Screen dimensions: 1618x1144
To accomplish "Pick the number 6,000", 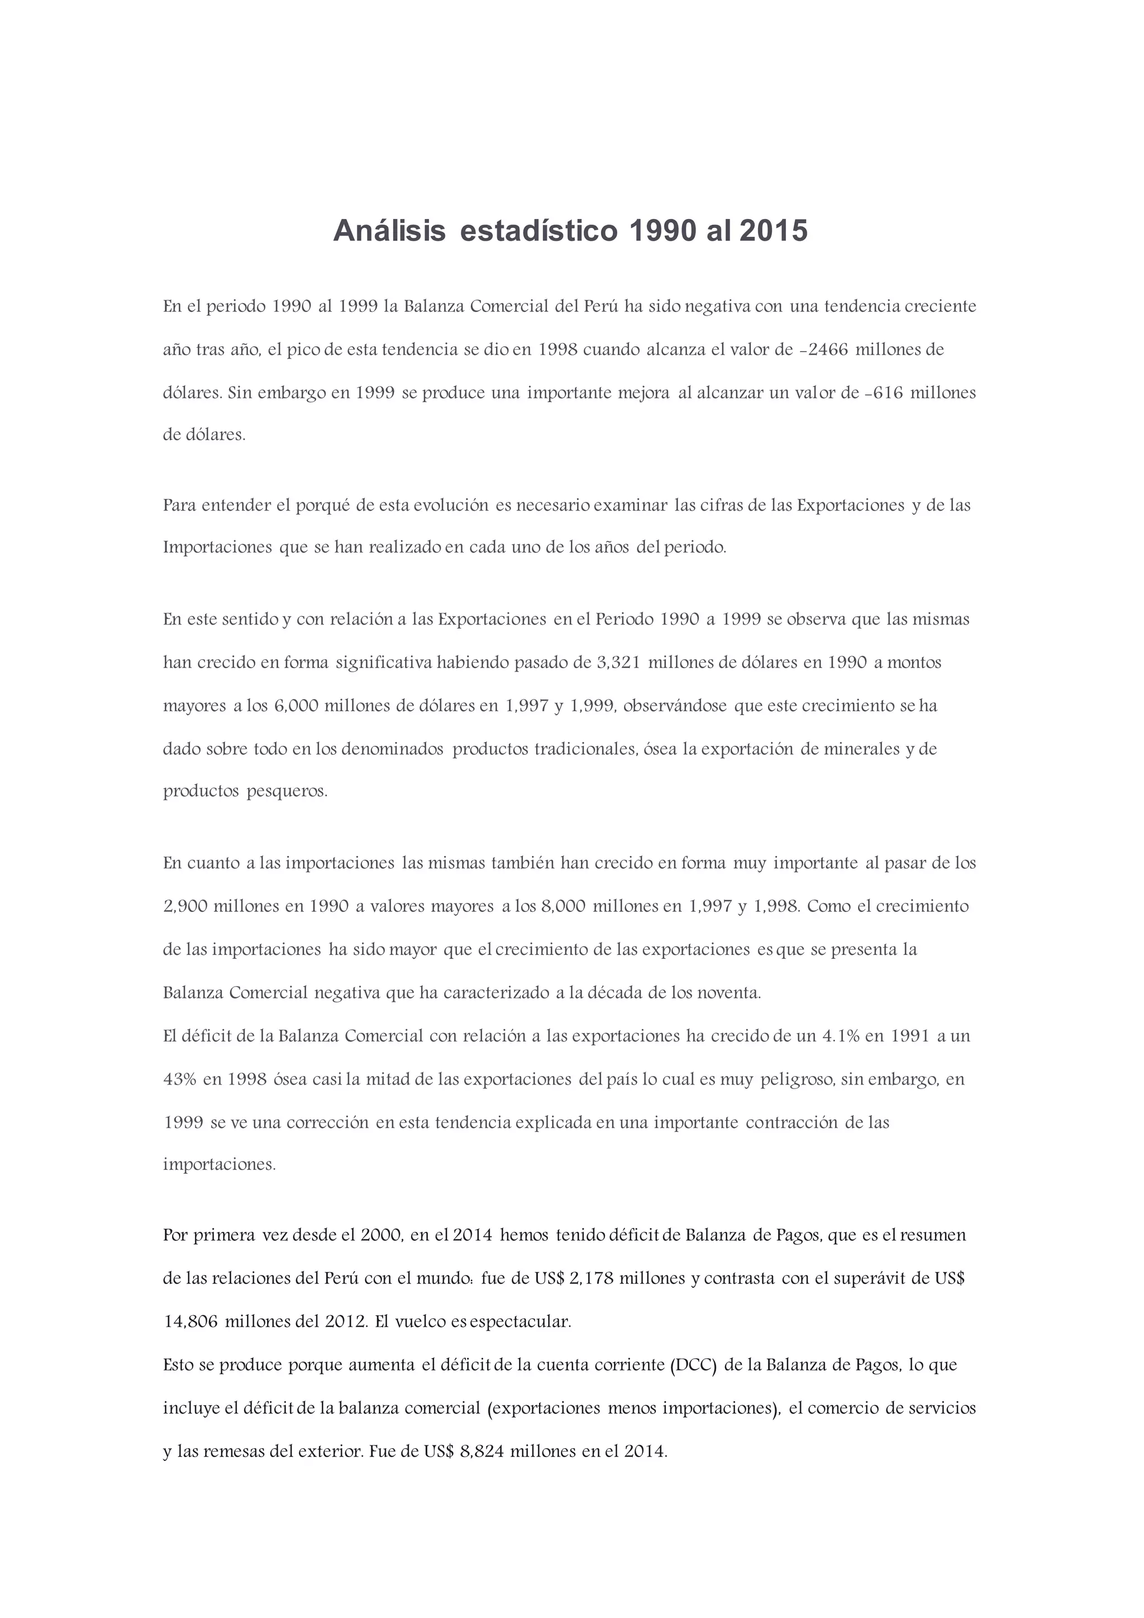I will coord(296,706).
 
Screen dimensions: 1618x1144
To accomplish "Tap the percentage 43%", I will coord(180,1079).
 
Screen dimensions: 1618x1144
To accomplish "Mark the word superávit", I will coord(876,1278).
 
